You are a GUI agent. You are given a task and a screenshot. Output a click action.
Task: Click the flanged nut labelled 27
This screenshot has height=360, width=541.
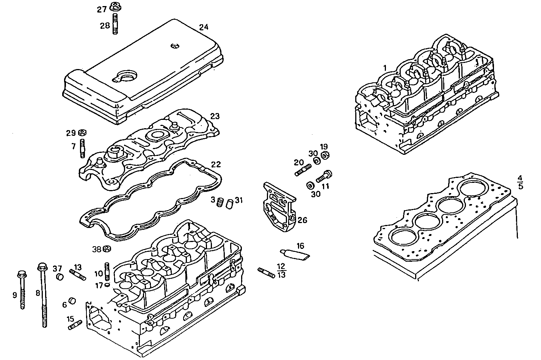point(115,7)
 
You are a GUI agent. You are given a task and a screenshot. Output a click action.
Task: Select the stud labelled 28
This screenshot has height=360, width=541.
point(115,24)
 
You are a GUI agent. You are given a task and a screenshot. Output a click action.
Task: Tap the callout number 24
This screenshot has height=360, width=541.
point(204,27)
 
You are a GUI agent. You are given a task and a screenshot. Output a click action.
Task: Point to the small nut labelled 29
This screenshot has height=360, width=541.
point(82,133)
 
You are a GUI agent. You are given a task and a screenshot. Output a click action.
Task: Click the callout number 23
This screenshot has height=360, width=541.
point(215,116)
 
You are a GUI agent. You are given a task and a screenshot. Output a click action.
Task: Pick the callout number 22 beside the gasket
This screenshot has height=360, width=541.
point(216,165)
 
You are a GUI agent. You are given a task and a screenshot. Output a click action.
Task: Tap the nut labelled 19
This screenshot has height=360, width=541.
point(325,155)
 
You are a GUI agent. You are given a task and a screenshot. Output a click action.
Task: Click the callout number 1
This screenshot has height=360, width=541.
point(385,68)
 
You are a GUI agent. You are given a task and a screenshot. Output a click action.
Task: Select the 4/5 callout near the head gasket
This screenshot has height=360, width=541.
point(520,182)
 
